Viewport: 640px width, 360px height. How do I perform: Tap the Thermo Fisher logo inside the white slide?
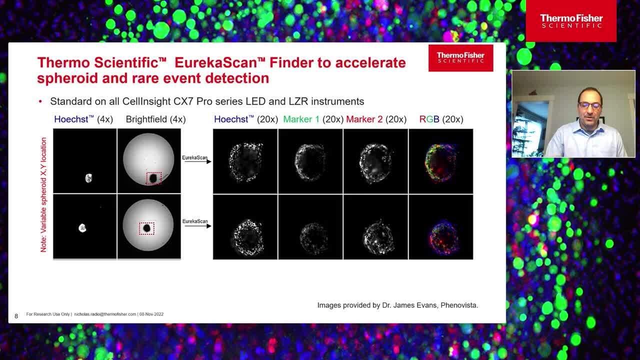coord(460,58)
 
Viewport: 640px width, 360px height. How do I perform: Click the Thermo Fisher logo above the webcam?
coord(571,21)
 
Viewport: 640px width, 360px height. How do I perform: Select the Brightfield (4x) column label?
coord(155,119)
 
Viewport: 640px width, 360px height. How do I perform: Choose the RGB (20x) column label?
coord(441,119)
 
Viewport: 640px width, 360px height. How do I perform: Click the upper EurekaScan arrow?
coord(197,161)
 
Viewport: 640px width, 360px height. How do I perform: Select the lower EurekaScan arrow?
coord(197,226)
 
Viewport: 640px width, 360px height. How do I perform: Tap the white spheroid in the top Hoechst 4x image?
coord(89,177)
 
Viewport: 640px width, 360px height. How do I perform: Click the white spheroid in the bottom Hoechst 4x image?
coord(82,228)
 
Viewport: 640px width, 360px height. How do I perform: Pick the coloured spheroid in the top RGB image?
coord(439,161)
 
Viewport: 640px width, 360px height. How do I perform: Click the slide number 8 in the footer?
coord(16,316)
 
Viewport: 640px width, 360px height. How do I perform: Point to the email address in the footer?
coord(105,314)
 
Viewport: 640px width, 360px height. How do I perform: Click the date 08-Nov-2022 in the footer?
coord(151,314)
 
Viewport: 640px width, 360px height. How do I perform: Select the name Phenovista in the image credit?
coord(459,305)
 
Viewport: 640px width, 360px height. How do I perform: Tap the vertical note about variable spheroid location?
coord(43,195)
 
